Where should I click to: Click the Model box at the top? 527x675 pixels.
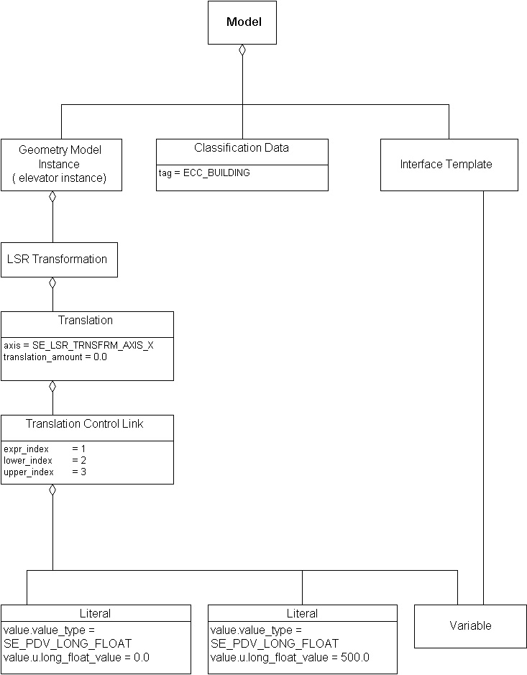coord(242,22)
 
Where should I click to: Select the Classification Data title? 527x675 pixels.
coord(242,148)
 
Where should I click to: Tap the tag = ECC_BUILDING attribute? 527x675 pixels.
coord(204,173)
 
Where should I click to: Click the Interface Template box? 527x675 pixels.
coord(449,165)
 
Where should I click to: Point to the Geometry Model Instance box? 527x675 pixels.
coord(60,165)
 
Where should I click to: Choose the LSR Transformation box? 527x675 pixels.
coord(58,260)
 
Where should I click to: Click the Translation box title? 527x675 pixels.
coord(86,321)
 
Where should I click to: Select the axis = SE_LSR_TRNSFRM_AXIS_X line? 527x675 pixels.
coord(78,346)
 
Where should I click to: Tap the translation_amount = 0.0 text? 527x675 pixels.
coord(55,357)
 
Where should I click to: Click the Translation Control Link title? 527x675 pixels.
coord(85,424)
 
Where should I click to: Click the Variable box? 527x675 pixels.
coord(470,626)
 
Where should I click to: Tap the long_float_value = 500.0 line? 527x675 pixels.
coord(290,657)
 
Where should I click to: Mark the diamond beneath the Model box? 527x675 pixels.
coord(242,50)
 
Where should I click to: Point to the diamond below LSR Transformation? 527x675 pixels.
coord(52,283)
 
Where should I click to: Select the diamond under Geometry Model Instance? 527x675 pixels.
coord(52,197)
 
